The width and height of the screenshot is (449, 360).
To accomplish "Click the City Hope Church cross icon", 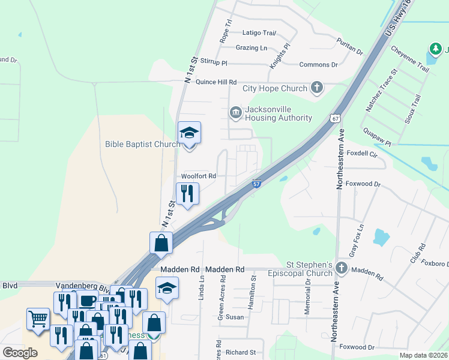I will [x=316, y=89].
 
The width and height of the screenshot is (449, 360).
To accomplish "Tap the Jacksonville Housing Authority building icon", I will [x=235, y=113].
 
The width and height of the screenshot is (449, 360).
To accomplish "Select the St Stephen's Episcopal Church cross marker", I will [x=342, y=268].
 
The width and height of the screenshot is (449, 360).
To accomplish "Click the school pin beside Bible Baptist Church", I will [x=189, y=133].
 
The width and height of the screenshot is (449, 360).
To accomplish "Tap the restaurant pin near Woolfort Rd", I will [x=187, y=193].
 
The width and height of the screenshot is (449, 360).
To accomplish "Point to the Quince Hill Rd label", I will [x=212, y=82].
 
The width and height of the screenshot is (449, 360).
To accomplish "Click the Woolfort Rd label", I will [x=198, y=176].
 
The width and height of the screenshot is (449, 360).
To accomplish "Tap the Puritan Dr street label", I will [x=350, y=47].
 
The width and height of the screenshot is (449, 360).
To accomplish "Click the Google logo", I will [x=20, y=353].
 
